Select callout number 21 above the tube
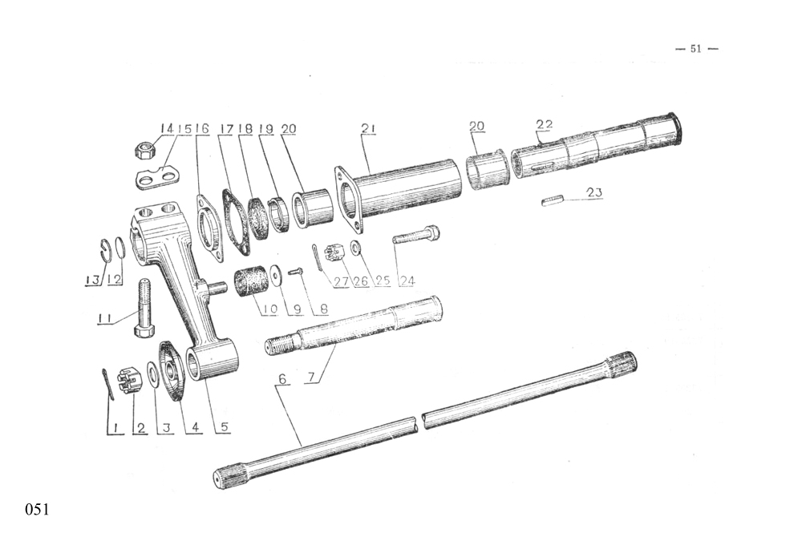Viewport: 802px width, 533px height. (x=368, y=128)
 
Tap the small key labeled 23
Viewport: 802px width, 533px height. (x=553, y=199)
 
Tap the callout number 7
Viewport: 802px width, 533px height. (x=313, y=378)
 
